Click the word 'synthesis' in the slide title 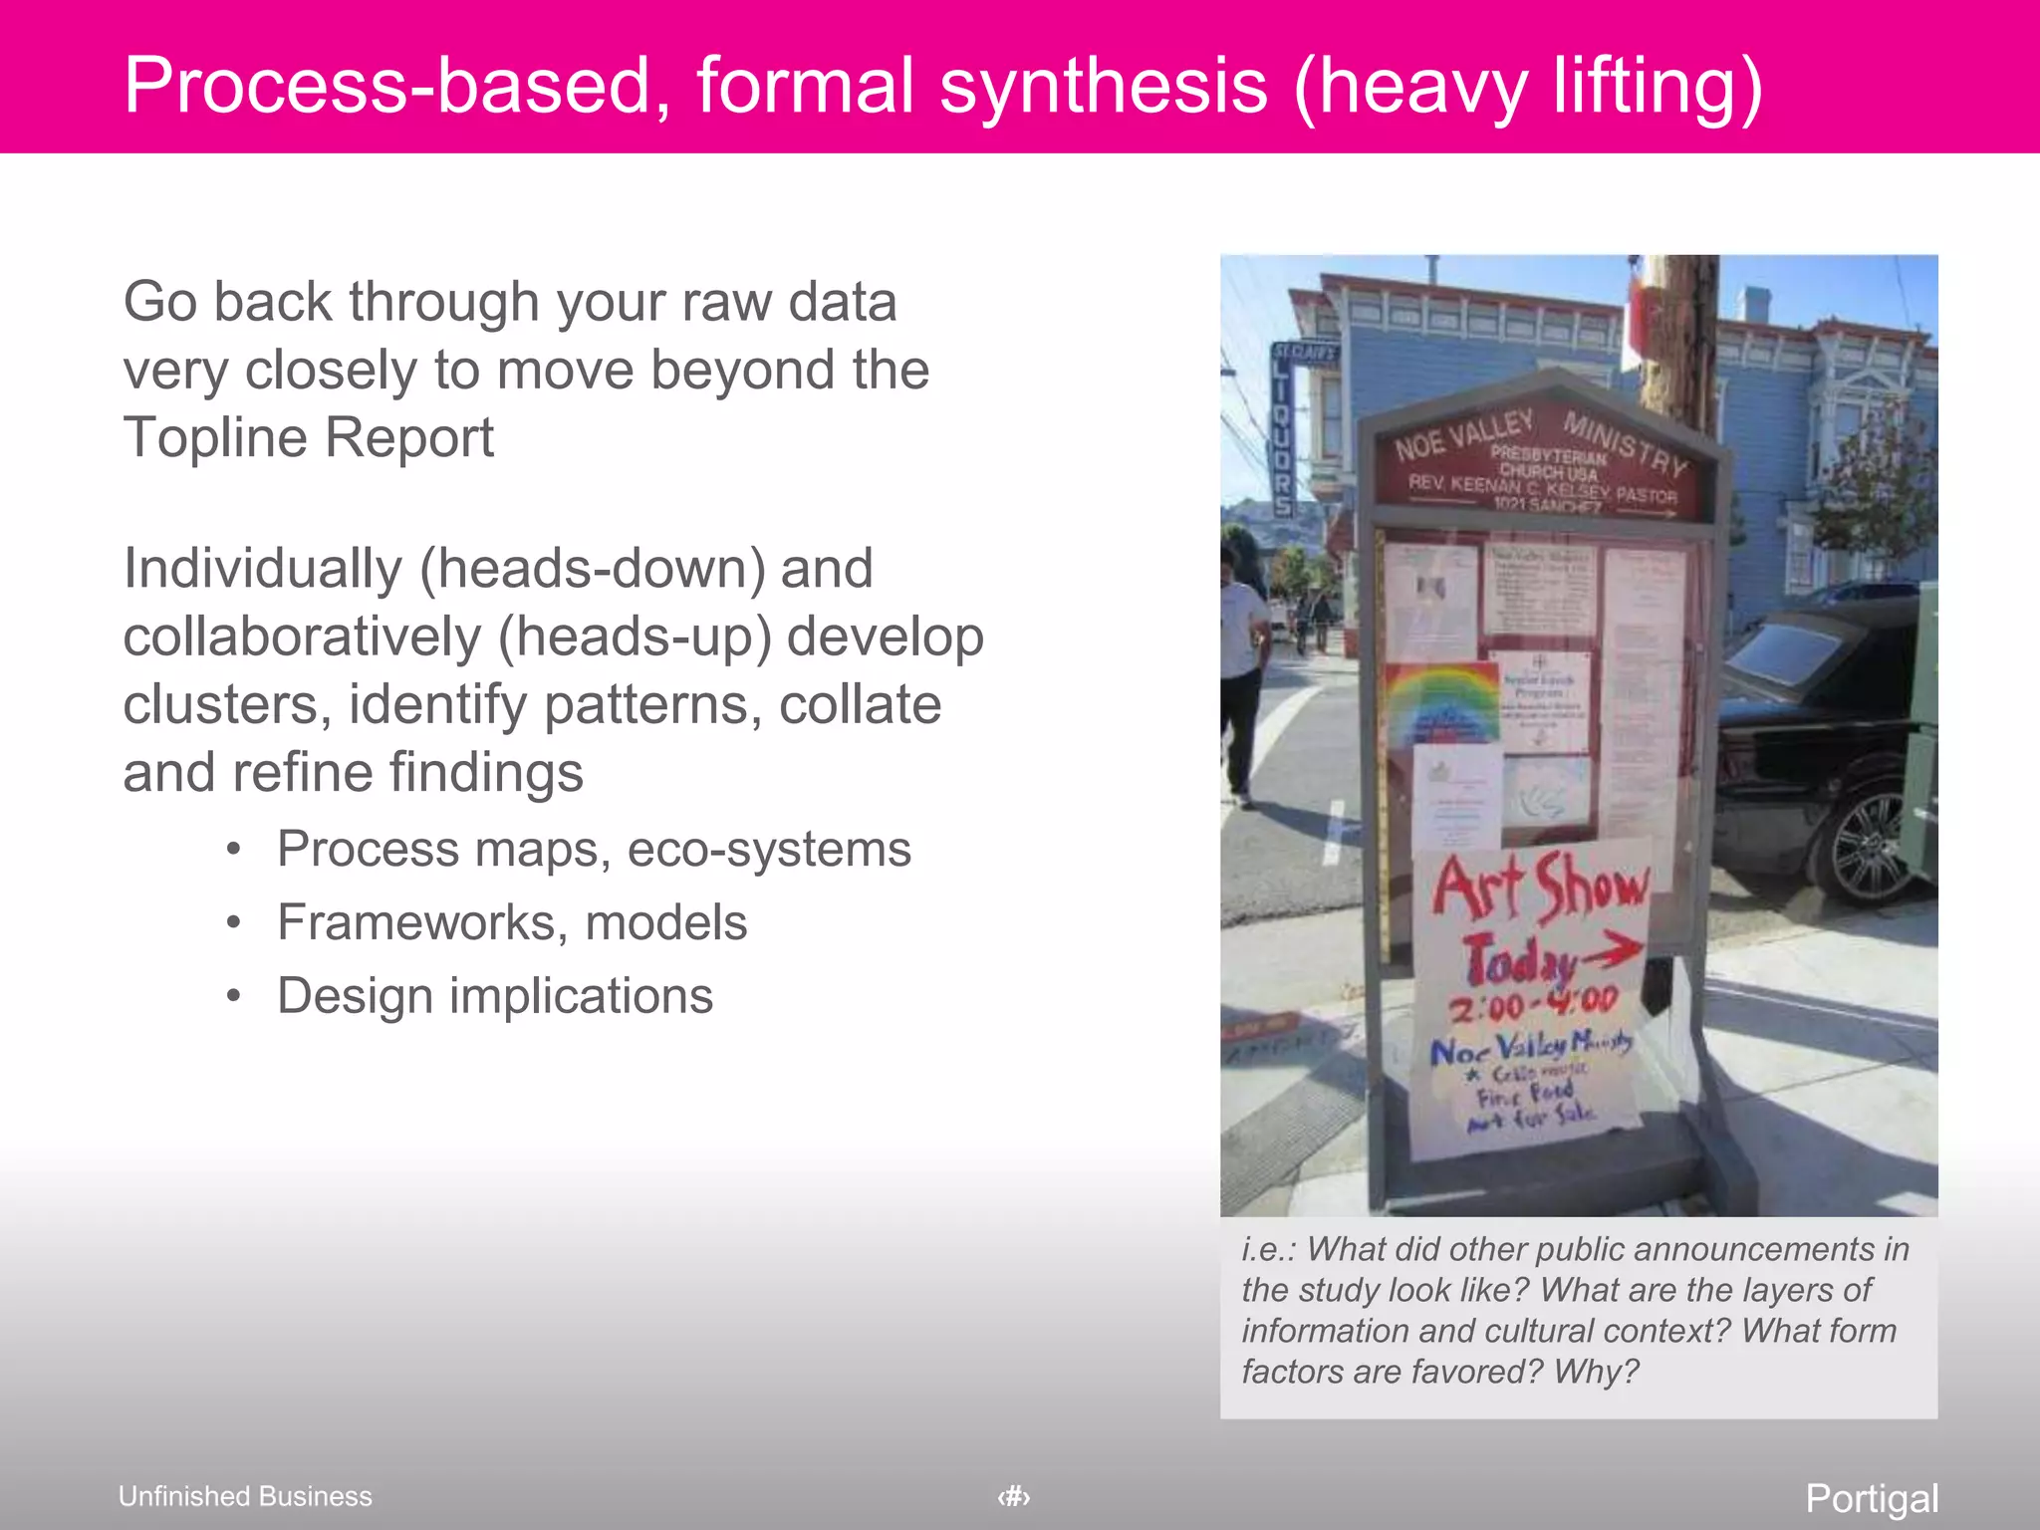(1104, 86)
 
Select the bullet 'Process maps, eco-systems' (594, 850)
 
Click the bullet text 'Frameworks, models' (512, 922)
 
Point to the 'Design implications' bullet (495, 996)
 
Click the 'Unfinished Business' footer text (245, 1496)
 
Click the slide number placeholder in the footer (1014, 1496)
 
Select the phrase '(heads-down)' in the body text (594, 569)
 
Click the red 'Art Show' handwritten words (1539, 886)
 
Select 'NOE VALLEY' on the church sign (1463, 435)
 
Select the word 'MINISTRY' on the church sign (1625, 442)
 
